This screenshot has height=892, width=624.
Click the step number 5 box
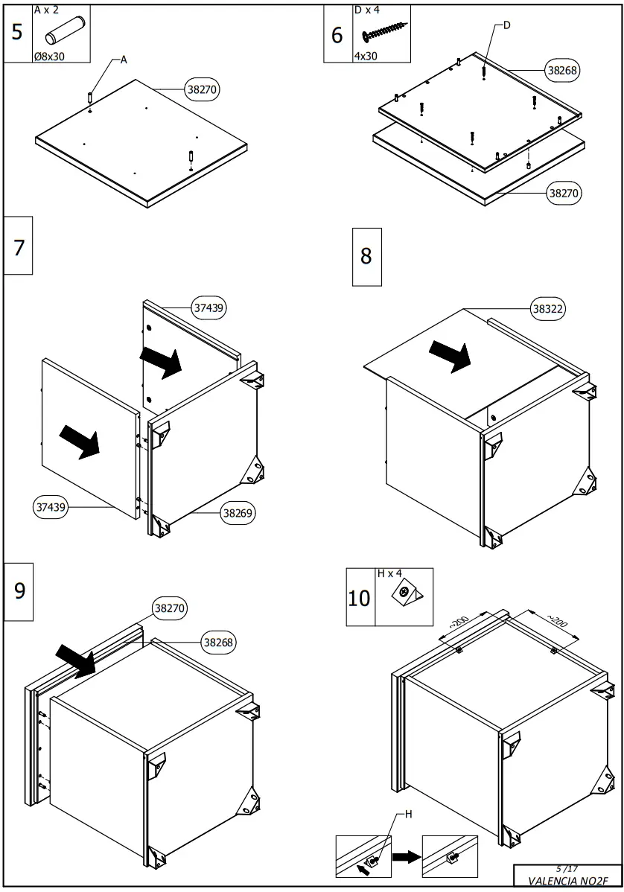pyautogui.click(x=18, y=34)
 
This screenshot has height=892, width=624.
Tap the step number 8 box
pyautogui.click(x=366, y=257)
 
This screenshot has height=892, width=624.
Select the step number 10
pyautogui.click(x=360, y=598)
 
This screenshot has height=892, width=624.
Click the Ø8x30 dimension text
pyautogui.click(x=50, y=56)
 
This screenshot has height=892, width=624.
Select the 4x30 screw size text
pyautogui.click(x=365, y=56)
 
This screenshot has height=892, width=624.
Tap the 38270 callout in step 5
pyautogui.click(x=202, y=89)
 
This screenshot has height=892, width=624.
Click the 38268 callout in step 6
pyautogui.click(x=562, y=70)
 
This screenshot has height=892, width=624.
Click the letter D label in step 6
pyautogui.click(x=507, y=25)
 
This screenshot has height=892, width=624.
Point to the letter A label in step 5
pyautogui.click(x=124, y=61)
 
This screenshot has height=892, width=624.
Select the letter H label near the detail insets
pyautogui.click(x=407, y=815)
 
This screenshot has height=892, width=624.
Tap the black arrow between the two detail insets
pyautogui.click(x=406, y=857)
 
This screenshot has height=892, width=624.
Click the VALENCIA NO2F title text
pyautogui.click(x=563, y=880)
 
